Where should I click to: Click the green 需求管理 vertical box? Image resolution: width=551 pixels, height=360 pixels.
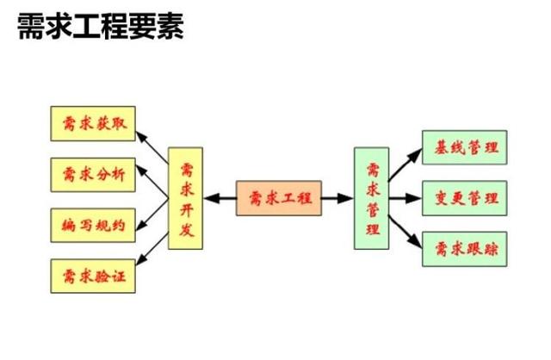tap(372, 198)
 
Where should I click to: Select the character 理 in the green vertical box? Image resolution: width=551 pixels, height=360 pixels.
tap(372, 229)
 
